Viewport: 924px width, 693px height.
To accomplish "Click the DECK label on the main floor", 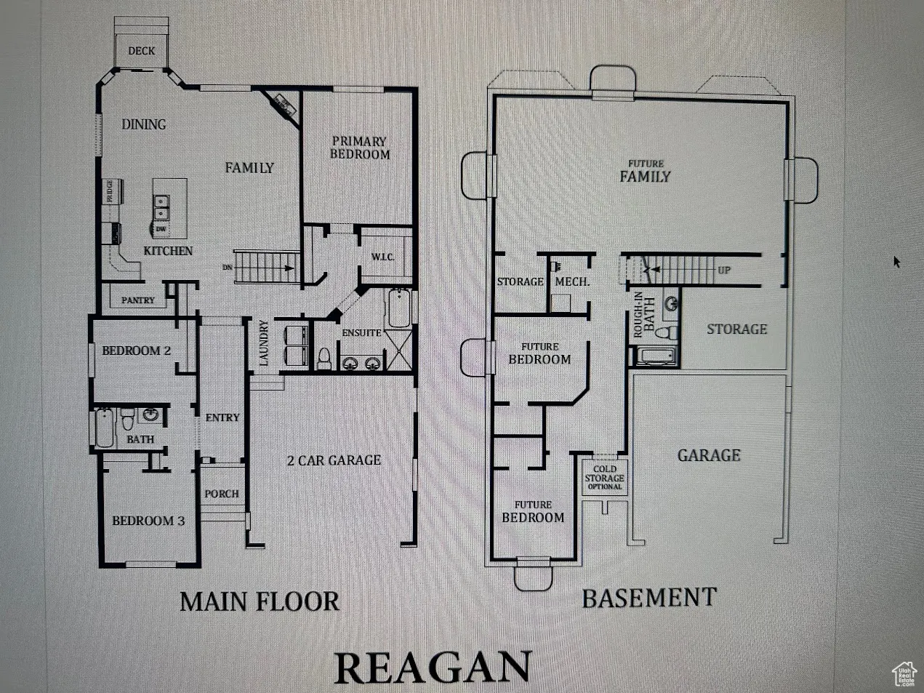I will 142,51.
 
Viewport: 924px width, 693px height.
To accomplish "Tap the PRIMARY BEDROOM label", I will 359,148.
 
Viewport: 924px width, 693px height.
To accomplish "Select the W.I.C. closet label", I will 383,257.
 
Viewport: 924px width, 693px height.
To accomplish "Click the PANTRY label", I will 138,300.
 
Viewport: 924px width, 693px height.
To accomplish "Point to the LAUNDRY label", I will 264,343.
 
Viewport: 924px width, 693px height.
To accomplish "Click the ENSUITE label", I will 361,332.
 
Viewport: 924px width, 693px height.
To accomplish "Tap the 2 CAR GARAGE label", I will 334,460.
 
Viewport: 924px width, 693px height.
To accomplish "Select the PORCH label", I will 222,494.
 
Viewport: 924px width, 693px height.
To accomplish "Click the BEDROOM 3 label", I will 148,521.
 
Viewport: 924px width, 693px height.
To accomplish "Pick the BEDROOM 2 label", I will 137,350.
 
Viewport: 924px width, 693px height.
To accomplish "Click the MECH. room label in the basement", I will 572,281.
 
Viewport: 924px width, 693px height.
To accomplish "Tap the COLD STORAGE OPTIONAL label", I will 604,478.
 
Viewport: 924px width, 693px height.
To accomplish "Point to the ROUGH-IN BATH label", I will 643,314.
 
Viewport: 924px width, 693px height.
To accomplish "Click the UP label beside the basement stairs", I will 724,271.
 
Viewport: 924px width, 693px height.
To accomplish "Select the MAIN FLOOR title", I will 259,602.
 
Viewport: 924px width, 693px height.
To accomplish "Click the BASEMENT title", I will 648,598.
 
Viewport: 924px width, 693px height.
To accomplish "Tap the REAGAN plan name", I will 433,668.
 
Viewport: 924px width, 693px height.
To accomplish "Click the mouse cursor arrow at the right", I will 897,261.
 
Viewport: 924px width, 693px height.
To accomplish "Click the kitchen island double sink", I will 161,207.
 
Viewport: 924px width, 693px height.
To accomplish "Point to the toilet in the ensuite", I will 324,358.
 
